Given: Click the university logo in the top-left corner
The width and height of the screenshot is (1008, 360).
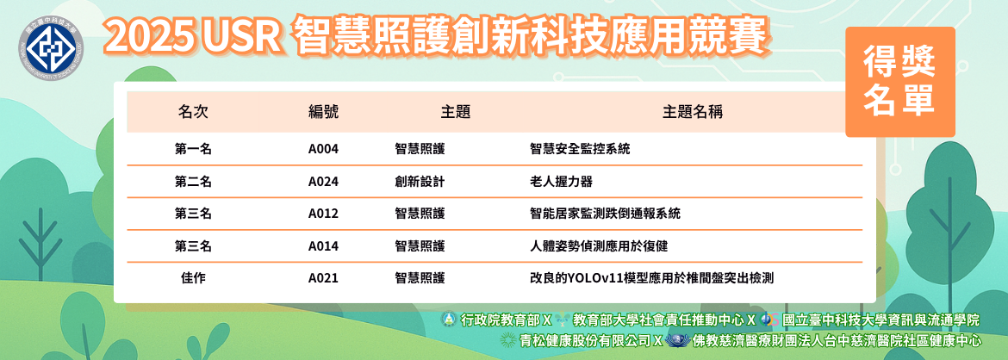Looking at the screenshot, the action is (51, 47).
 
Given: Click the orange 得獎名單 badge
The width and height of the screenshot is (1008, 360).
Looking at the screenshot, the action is (899, 83).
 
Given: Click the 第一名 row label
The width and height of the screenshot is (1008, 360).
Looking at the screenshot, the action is (193, 149).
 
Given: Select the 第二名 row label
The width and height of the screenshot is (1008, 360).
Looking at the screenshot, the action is (193, 182).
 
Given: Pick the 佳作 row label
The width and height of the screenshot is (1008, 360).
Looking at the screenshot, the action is (193, 278).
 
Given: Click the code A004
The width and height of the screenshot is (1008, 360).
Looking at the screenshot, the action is (323, 149).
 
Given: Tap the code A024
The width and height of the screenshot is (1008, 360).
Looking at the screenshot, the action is (323, 182).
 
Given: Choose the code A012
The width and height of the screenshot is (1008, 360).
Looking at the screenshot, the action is (323, 214).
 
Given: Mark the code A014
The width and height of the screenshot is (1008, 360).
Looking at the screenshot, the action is (323, 246).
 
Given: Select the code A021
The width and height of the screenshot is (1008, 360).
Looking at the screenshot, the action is (323, 278).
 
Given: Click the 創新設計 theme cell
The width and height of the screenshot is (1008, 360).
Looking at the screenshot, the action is (420, 182).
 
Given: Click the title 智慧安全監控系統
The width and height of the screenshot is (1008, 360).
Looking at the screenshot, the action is (580, 149).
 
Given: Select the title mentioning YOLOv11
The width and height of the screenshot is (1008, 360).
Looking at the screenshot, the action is (651, 278).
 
